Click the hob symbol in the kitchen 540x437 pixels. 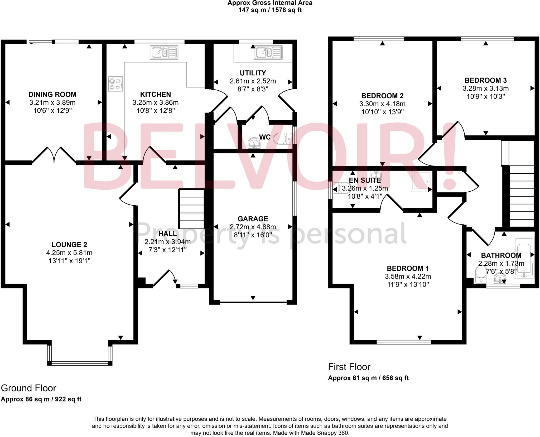coord(115,84)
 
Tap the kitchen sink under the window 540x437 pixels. coord(164,52)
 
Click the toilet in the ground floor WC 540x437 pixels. coord(282,138)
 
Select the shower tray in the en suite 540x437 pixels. coord(421,181)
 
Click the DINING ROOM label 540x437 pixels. coord(52,94)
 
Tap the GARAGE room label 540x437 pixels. coord(253,219)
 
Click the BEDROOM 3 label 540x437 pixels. coord(485,80)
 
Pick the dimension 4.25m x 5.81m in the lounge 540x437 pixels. coord(69,253)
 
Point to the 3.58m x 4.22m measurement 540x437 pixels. coord(408,276)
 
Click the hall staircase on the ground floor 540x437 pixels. coord(191,209)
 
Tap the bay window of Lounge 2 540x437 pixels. coord(80,363)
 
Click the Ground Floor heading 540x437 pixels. coord(28,388)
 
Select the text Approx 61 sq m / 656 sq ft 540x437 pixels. coord(368,378)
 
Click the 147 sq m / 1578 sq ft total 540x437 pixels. coord(270,10)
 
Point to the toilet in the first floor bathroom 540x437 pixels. coord(481,274)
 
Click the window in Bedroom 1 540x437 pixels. coord(404,342)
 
